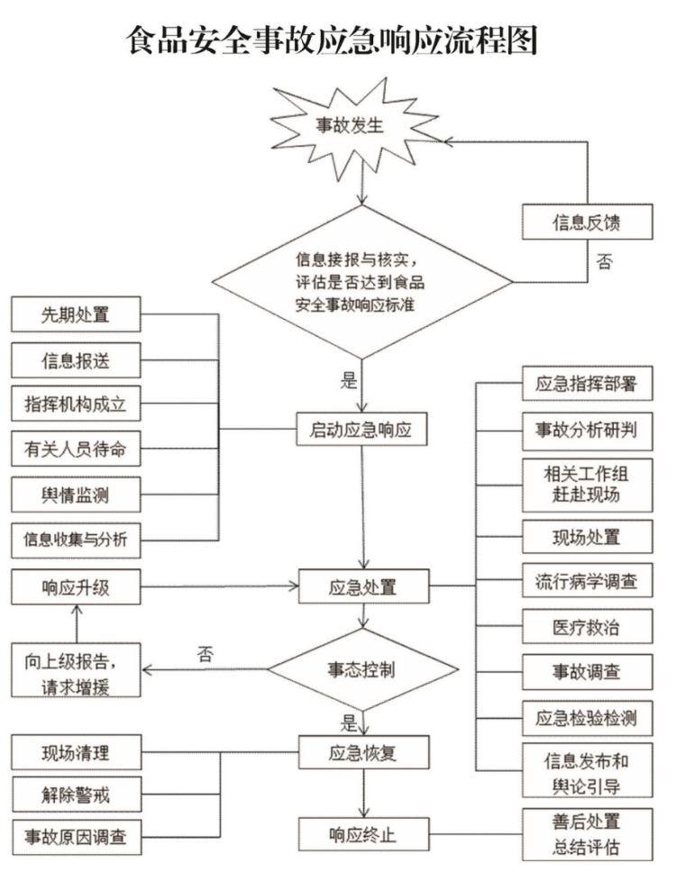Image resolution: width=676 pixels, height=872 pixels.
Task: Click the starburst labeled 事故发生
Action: [361, 126]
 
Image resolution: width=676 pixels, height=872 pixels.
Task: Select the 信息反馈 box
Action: [588, 221]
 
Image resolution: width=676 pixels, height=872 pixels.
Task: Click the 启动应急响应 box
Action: [361, 430]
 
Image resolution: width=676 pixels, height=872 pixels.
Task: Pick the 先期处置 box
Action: [77, 316]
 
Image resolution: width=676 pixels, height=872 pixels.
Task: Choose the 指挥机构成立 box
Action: [77, 404]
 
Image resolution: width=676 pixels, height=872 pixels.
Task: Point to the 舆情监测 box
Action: [77, 493]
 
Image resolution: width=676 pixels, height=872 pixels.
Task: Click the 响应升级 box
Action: [77, 589]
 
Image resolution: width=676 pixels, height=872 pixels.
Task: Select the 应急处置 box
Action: [361, 589]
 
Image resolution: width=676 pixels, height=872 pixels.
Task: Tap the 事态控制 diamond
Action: [361, 669]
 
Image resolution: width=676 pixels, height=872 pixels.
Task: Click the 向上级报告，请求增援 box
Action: [77, 670]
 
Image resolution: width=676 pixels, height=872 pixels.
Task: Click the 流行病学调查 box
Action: [587, 581]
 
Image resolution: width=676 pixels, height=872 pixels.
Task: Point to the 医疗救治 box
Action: [587, 626]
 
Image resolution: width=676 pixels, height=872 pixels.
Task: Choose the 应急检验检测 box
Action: [587, 718]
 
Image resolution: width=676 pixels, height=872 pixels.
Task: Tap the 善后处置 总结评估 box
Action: [587, 834]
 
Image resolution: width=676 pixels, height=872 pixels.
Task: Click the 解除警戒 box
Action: [77, 795]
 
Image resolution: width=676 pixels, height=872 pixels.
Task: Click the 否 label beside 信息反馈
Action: [605, 262]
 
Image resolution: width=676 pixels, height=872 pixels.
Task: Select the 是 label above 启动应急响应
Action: [349, 380]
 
